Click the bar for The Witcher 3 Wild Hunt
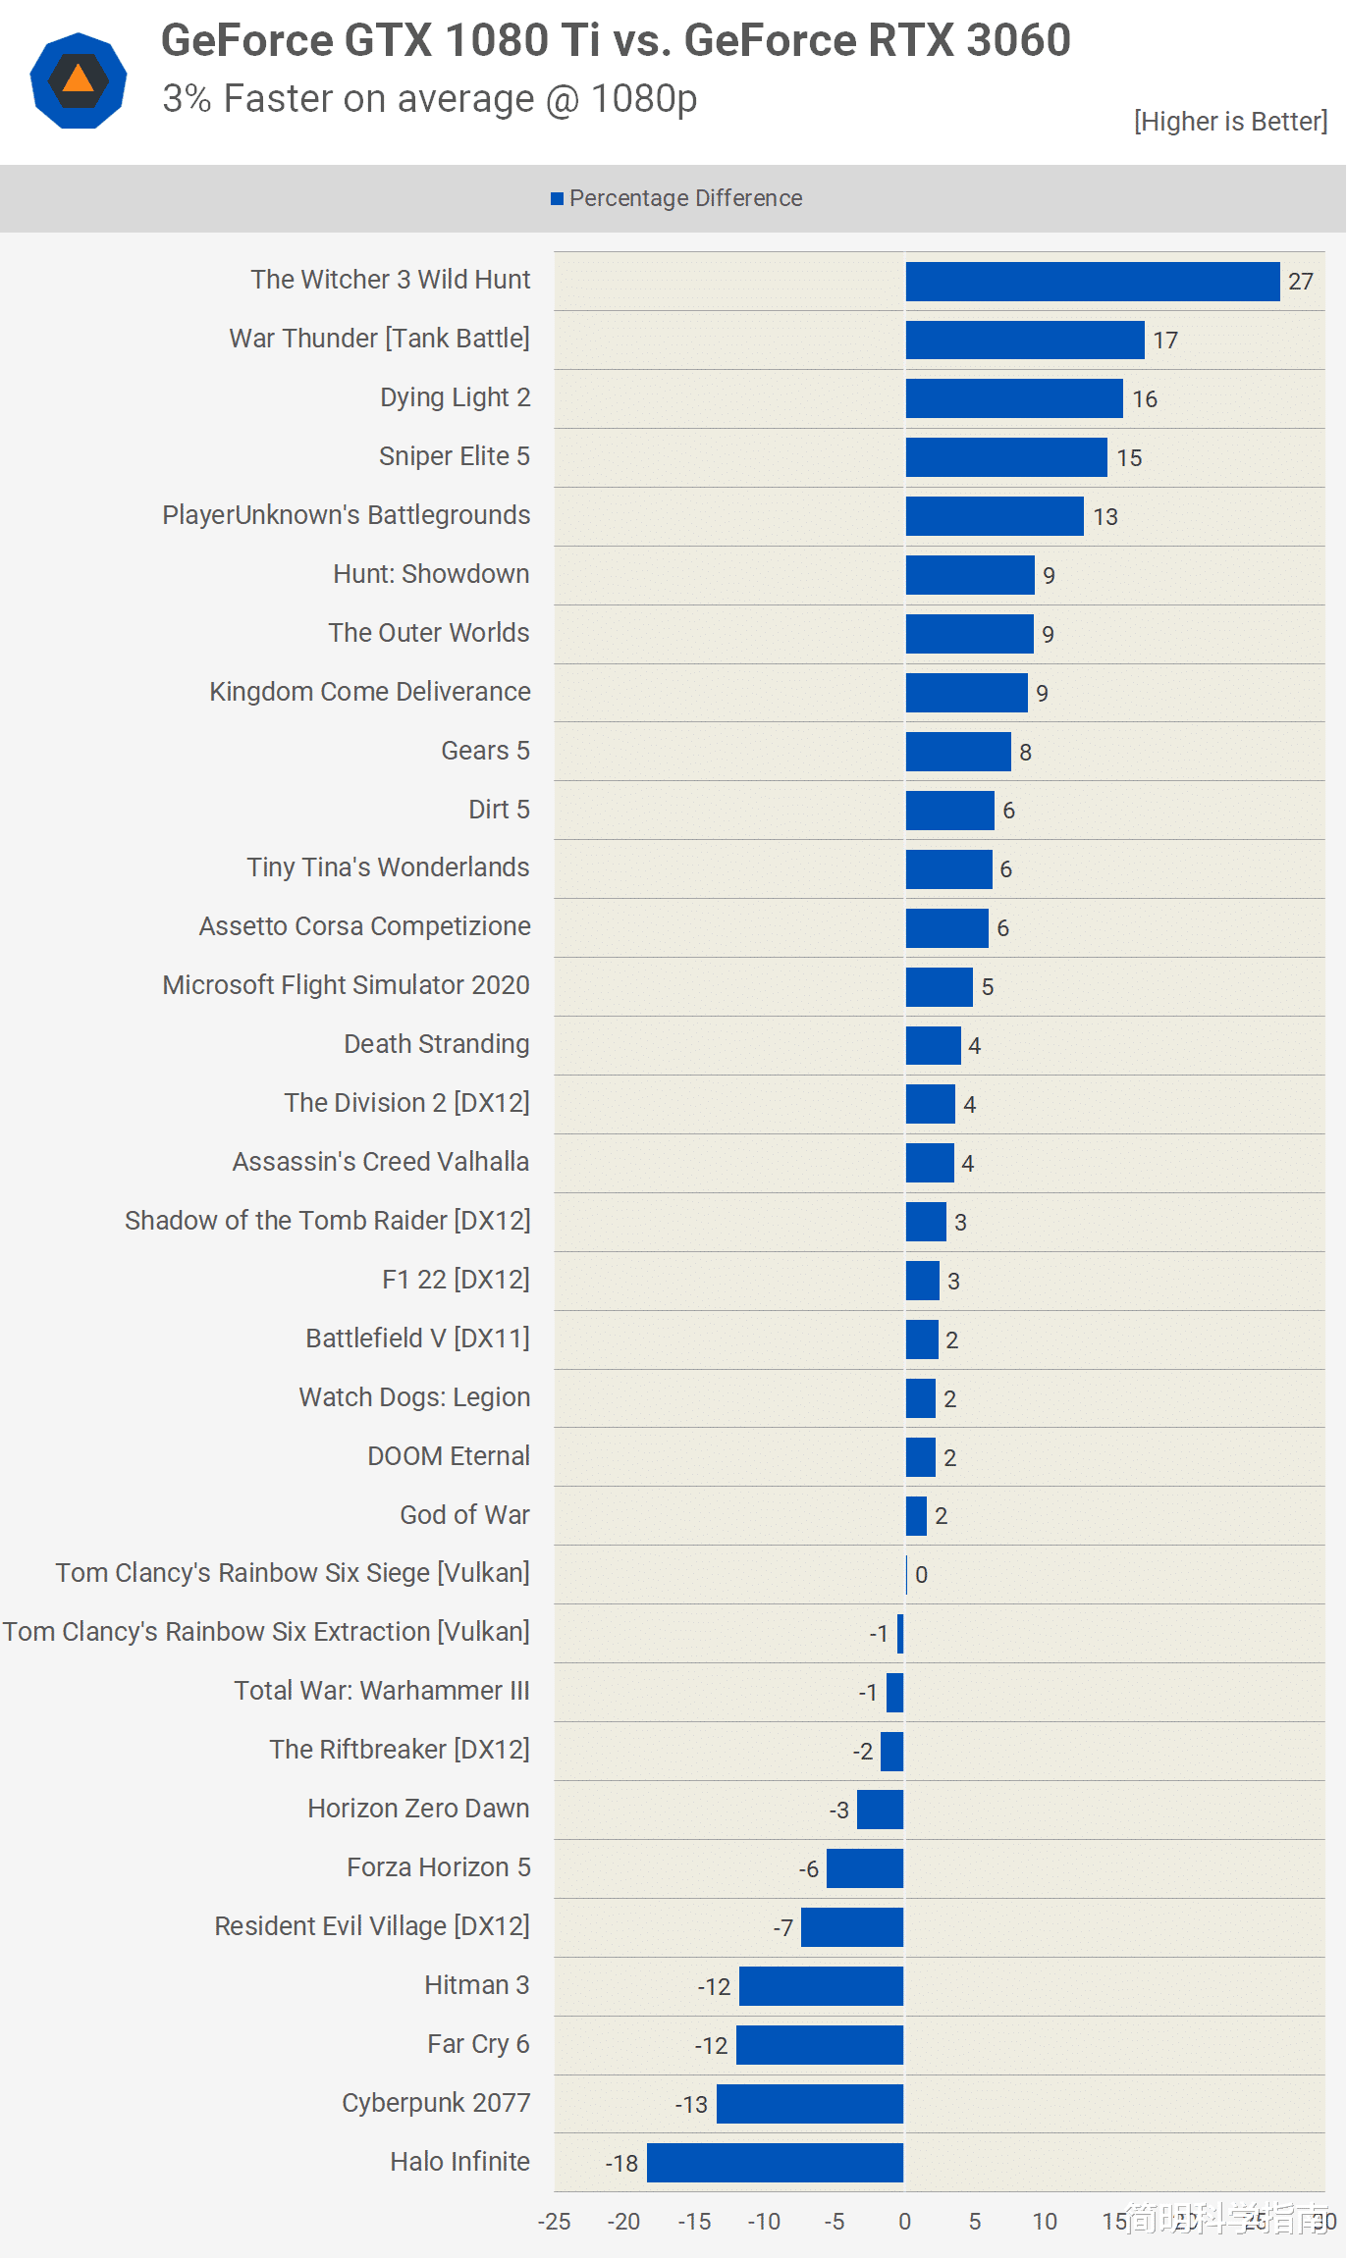pyautogui.click(x=1092, y=282)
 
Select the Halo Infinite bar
pyautogui.click(x=775, y=2163)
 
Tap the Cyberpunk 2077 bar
pyautogui.click(x=810, y=2104)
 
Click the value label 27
pyautogui.click(x=1301, y=283)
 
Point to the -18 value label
pyautogui.click(x=621, y=2164)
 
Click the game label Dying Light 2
pyautogui.click(x=455, y=397)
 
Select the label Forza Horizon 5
pyautogui.click(x=438, y=1867)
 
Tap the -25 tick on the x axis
pyautogui.click(x=554, y=2222)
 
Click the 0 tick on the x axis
pyautogui.click(x=904, y=2222)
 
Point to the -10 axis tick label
pyautogui.click(x=764, y=2222)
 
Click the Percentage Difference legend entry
pyautogui.click(x=677, y=198)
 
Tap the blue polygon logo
pyautogui.click(x=79, y=80)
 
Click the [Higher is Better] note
pyautogui.click(x=1230, y=122)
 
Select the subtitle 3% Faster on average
pyautogui.click(x=429, y=99)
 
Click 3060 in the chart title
pyautogui.click(x=1018, y=41)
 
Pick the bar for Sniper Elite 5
pyautogui.click(x=1006, y=457)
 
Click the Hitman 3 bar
pyautogui.click(x=821, y=1986)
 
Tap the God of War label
pyautogui.click(x=464, y=1515)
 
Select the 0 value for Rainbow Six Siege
pyautogui.click(x=921, y=1575)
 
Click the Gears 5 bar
pyautogui.click(x=958, y=752)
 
